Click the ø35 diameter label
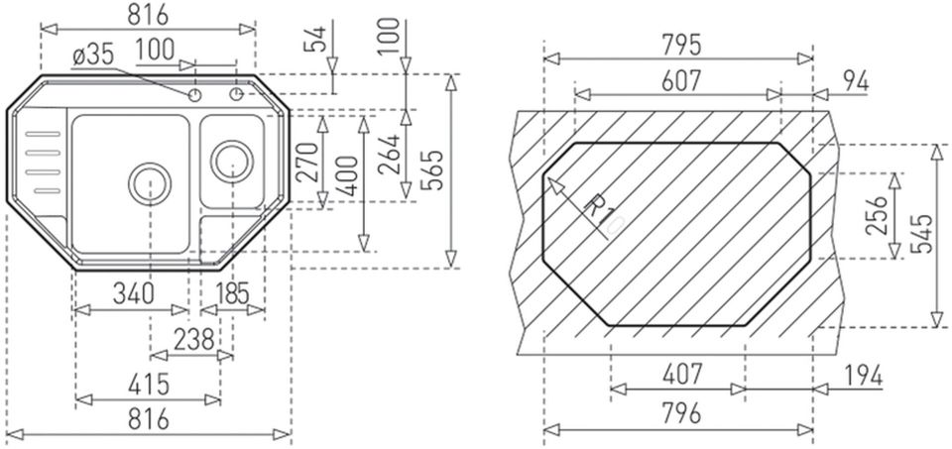94,56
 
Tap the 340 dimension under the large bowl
133,293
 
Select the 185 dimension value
230,293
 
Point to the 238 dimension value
191,339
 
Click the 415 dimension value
148,383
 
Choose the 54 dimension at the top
318,41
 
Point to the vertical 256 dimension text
878,214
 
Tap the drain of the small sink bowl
231,159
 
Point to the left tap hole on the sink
195,95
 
